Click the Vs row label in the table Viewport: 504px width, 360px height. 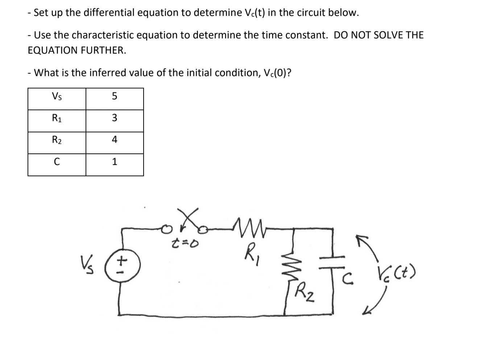click(57, 96)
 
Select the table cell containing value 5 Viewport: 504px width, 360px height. click(115, 96)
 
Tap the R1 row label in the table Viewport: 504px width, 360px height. click(57, 118)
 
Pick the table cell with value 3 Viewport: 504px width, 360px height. click(115, 118)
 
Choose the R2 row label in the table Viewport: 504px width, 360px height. click(57, 140)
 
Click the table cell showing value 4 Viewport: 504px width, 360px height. click(115, 140)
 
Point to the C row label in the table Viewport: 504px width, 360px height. click(57, 162)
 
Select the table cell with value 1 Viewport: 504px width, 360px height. click(115, 162)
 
